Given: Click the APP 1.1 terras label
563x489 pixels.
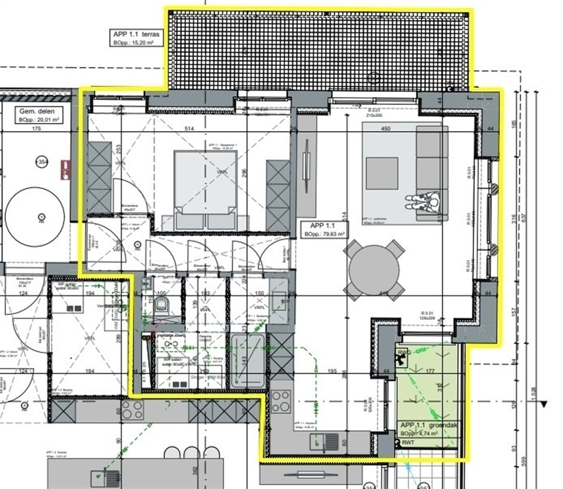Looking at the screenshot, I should pos(136,38).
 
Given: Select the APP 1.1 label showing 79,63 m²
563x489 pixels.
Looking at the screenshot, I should pos(324,230).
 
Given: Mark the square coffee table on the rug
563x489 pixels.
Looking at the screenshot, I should pos(382,173).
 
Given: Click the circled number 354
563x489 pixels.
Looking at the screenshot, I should pos(42,162).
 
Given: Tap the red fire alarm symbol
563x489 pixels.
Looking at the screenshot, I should pos(66,170).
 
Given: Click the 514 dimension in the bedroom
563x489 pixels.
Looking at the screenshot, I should pos(189,128).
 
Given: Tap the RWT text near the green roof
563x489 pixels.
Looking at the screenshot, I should pos(408,442).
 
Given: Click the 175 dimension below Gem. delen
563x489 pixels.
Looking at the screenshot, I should pos(36,128).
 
